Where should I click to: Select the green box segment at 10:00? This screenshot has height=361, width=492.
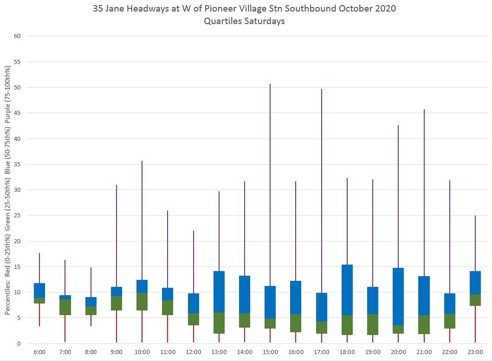click(142, 301)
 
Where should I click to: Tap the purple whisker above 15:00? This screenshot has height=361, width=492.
click(270, 185)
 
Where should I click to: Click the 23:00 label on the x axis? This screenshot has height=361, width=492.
click(475, 352)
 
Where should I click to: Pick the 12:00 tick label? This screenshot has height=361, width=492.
click(193, 352)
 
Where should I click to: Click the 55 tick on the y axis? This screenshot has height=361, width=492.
click(18, 62)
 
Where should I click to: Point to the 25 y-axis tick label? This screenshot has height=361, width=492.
click(18, 215)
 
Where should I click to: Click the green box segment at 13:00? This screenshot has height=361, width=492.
click(219, 323)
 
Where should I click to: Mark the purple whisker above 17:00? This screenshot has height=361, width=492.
click(321, 185)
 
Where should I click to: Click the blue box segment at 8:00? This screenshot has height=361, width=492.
click(91, 302)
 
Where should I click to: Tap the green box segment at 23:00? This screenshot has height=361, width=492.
click(475, 300)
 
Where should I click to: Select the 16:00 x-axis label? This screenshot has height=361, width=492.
click(296, 352)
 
